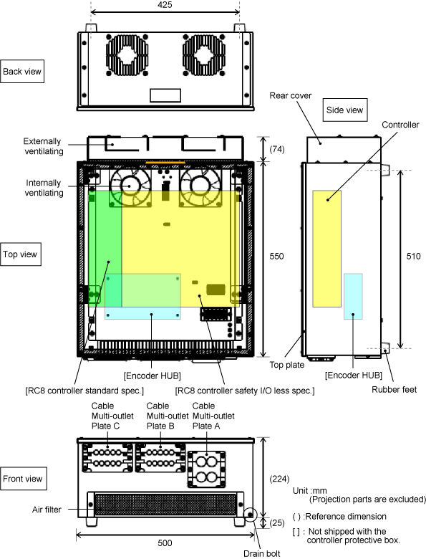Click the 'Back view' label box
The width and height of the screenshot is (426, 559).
click(x=22, y=71)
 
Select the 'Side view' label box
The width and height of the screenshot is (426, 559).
click(x=345, y=110)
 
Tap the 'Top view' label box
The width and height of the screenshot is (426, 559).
click(x=20, y=254)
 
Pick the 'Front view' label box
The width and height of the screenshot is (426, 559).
click(x=23, y=479)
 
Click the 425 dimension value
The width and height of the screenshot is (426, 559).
click(x=165, y=5)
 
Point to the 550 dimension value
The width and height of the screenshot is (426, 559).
click(x=276, y=257)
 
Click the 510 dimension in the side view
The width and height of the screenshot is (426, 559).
click(x=413, y=257)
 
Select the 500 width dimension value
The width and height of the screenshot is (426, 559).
click(x=165, y=543)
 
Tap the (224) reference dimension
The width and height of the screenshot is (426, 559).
click(x=279, y=479)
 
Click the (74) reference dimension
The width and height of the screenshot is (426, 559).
click(x=277, y=149)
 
